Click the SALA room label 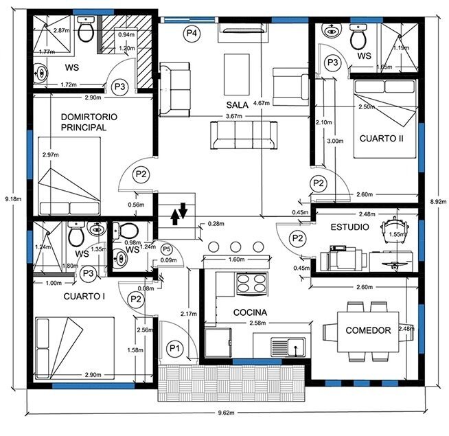pos(237,105)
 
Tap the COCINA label pos(250,312)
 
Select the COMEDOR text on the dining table pos(368,330)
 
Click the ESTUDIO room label pos(349,227)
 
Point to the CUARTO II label pos(382,139)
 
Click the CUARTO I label pos(84,297)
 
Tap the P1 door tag pos(174,348)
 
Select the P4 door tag pos(192,34)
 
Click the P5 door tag pos(167,249)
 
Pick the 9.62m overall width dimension pos(227,413)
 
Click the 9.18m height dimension pos(13,198)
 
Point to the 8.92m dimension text pos(438,201)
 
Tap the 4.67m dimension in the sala pos(262,103)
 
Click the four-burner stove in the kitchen pos(251,284)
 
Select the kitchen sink pos(288,347)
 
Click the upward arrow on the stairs pos(174,217)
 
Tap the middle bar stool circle pos(235,246)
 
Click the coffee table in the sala pos(237,74)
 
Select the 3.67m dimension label pos(234,116)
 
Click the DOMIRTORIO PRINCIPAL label pos(89,122)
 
